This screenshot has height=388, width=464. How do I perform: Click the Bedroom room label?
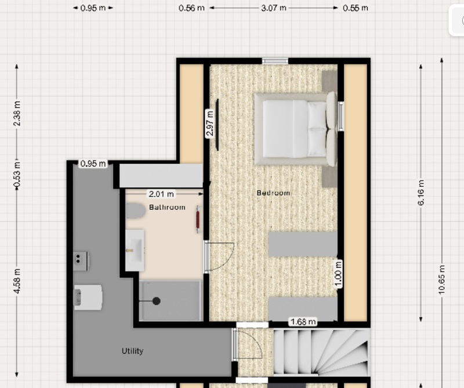(x=273, y=193)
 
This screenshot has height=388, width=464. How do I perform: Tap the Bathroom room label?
(x=167, y=207)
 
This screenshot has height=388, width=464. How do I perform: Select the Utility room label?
(x=133, y=351)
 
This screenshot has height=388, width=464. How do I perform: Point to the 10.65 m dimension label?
(x=441, y=280)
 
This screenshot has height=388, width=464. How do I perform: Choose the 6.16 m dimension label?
(x=421, y=193)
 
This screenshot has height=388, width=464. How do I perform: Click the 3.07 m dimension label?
(x=274, y=8)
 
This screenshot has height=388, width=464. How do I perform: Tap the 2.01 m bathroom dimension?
(x=161, y=194)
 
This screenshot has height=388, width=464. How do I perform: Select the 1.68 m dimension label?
(x=303, y=322)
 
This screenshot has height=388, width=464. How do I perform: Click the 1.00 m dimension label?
(x=338, y=274)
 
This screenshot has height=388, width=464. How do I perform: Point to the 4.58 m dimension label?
(x=17, y=281)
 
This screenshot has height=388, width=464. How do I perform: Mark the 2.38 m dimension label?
(x=17, y=113)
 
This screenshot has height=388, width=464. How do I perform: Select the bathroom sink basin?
(x=135, y=251)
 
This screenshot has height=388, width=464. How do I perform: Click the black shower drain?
(x=157, y=301)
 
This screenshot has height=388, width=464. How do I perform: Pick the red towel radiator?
(x=198, y=219)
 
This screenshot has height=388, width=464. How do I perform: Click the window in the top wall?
(x=275, y=61)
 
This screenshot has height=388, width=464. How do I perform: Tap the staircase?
(x=322, y=352)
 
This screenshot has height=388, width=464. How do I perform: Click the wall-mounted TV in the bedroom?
(x=217, y=125)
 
